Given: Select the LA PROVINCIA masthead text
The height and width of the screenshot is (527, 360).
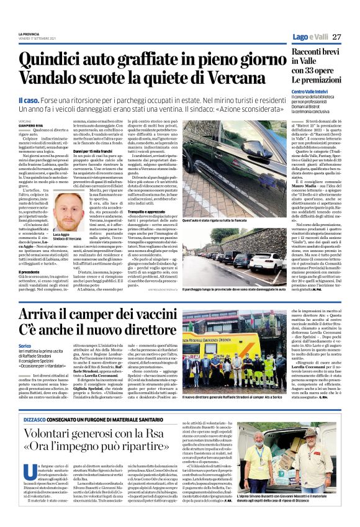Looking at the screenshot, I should tap(29, 34).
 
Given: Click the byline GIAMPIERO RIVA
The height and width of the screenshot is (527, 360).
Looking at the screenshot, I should tap(32, 126).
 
